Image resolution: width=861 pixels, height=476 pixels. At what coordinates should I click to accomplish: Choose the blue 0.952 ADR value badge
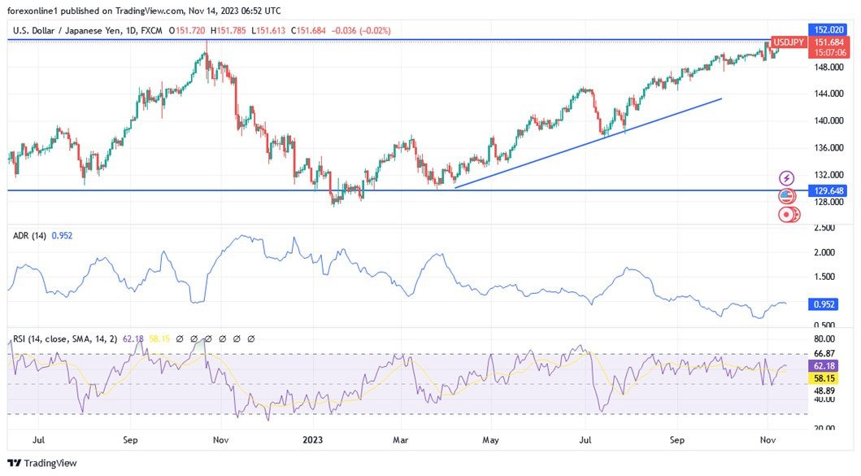[824, 304]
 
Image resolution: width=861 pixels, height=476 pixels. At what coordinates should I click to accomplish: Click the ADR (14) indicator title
[30, 235]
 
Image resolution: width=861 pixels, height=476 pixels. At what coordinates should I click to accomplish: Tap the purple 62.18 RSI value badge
[824, 366]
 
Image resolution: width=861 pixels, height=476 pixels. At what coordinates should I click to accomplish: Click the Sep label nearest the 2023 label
[131, 439]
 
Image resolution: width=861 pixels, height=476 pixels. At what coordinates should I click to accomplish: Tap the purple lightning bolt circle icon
[786, 177]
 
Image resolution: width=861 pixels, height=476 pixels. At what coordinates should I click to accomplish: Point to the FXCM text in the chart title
[152, 30]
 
